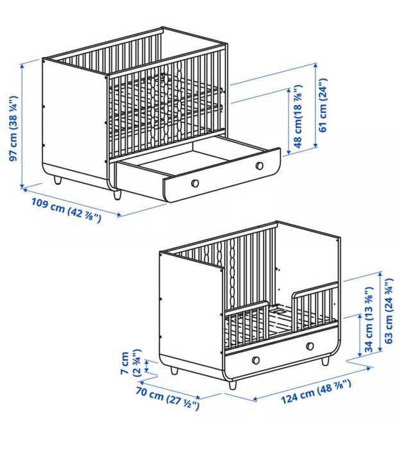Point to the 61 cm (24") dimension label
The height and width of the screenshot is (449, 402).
click(x=324, y=104)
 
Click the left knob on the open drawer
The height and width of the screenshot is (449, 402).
click(x=195, y=183)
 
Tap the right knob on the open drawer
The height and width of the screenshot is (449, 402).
click(x=260, y=166)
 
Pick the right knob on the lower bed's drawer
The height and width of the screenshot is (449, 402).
click(x=310, y=346)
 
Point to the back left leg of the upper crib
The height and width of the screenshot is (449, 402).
click(x=58, y=180)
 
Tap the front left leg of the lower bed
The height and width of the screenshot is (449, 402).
click(x=231, y=384)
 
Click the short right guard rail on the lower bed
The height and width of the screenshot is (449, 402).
click(x=315, y=305)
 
